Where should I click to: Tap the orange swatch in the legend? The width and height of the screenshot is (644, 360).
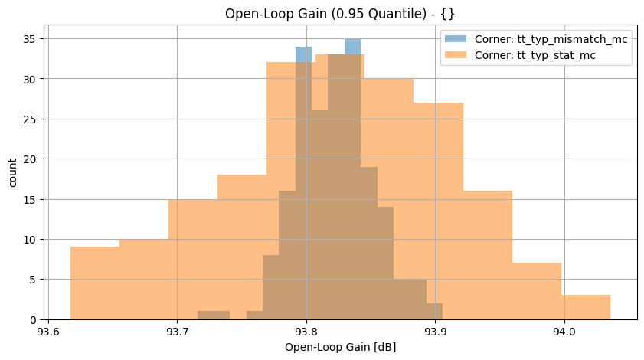[x=456, y=55]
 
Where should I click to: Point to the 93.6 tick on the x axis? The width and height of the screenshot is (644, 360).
[x=47, y=332]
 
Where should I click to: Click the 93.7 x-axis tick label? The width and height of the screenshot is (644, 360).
[x=177, y=332]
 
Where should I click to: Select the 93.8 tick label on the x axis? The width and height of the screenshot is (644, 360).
[x=306, y=332]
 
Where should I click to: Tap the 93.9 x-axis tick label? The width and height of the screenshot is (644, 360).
[x=435, y=332]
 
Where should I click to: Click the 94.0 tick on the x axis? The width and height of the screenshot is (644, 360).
[x=564, y=332]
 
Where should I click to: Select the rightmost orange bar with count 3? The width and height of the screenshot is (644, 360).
[x=586, y=307]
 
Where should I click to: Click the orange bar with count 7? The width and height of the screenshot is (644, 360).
[x=537, y=291]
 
